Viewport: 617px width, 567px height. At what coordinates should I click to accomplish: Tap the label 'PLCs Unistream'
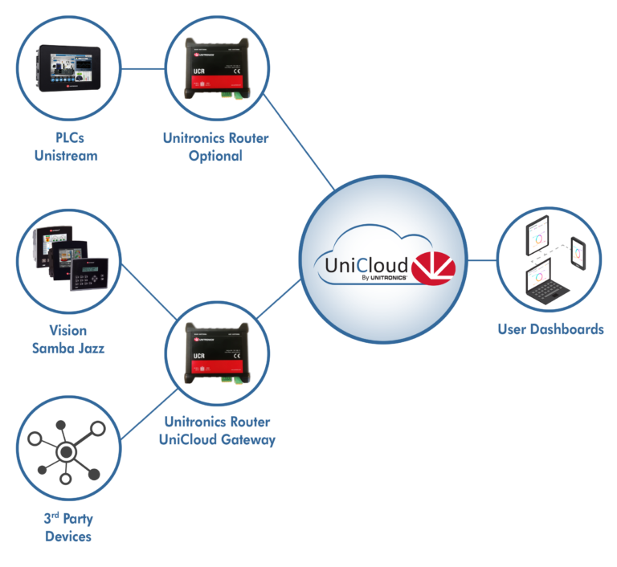pos(67,147)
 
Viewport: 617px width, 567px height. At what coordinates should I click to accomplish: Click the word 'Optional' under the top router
pos(215,156)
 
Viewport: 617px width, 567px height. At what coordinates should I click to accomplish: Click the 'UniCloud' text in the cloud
pos(367,263)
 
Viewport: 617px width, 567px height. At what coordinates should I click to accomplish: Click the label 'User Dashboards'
pos(550,329)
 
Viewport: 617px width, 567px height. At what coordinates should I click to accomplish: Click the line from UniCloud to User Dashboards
pos(483,260)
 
